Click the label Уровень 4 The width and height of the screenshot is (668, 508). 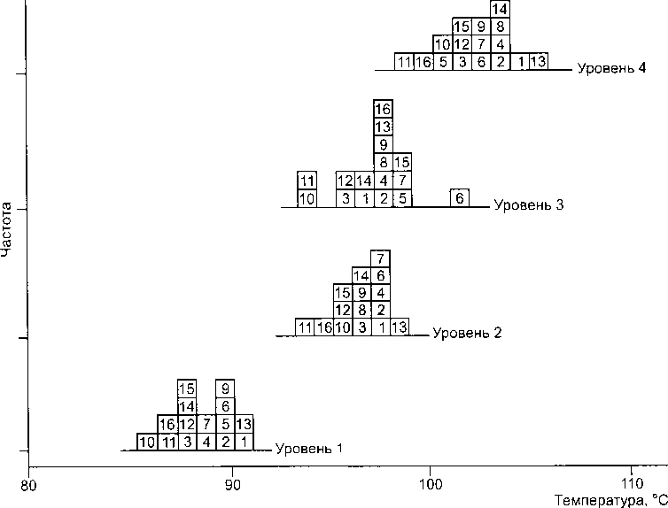coord(611,68)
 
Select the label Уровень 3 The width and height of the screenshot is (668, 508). coord(529,205)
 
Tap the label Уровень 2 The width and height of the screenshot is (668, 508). coord(468,333)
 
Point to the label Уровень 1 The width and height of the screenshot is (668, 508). coord(309,449)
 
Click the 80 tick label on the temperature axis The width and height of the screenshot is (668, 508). coord(28,486)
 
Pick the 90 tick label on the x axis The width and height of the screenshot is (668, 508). coord(232,485)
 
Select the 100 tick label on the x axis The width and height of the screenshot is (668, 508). coord(430,485)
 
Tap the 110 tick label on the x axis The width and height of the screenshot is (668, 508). coord(632,484)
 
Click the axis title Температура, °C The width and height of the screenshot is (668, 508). coord(610,501)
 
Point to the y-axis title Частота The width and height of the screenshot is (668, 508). coord(6,230)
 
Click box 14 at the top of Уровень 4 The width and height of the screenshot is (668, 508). coord(501,9)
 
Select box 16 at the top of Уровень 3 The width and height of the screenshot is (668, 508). coord(383,109)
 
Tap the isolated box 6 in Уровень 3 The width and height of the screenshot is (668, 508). coord(460,198)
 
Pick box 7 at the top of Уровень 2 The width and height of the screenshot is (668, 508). coord(380,258)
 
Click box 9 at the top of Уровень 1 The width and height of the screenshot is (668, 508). coord(225,389)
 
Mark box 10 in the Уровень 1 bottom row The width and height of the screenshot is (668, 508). coord(147,442)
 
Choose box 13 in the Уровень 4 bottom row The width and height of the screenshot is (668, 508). coord(539,62)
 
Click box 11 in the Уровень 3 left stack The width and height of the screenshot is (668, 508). coord(307,181)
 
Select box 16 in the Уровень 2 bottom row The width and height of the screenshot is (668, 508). coord(324,327)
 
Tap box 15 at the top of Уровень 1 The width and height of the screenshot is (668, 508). coord(187,389)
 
